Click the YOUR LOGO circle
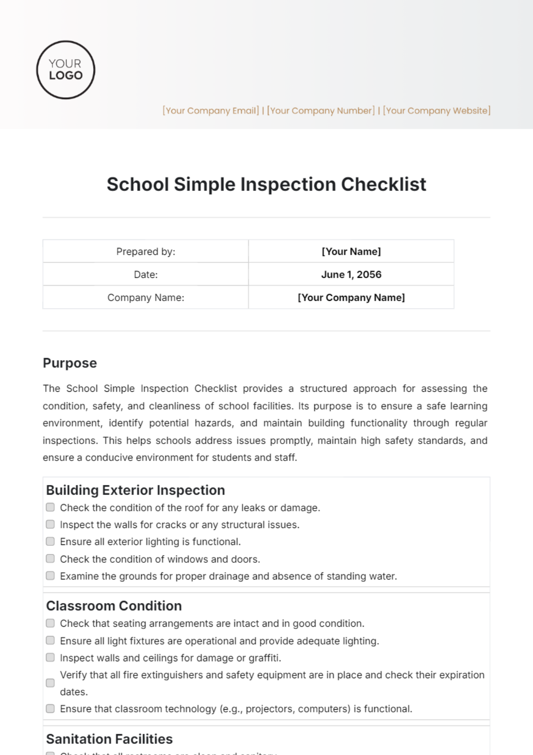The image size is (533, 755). click(66, 70)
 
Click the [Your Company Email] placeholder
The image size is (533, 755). click(211, 111)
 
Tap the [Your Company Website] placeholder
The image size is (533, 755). click(437, 111)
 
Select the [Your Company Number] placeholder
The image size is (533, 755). click(321, 111)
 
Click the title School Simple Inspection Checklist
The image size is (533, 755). click(266, 184)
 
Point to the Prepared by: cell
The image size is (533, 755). click(146, 251)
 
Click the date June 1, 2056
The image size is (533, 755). click(351, 274)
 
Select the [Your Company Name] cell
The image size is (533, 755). click(351, 298)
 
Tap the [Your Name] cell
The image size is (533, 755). click(351, 251)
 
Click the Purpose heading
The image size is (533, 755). click(70, 363)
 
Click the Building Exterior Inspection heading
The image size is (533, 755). click(135, 490)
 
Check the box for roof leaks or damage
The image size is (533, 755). click(51, 507)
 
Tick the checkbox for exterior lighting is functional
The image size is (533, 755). click(51, 541)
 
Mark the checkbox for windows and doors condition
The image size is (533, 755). click(51, 559)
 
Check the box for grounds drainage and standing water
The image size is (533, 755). click(51, 576)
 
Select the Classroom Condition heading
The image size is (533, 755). click(114, 606)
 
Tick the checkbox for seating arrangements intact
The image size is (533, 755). click(51, 623)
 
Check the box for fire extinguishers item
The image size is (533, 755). click(51, 683)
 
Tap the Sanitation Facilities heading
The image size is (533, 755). click(109, 739)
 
